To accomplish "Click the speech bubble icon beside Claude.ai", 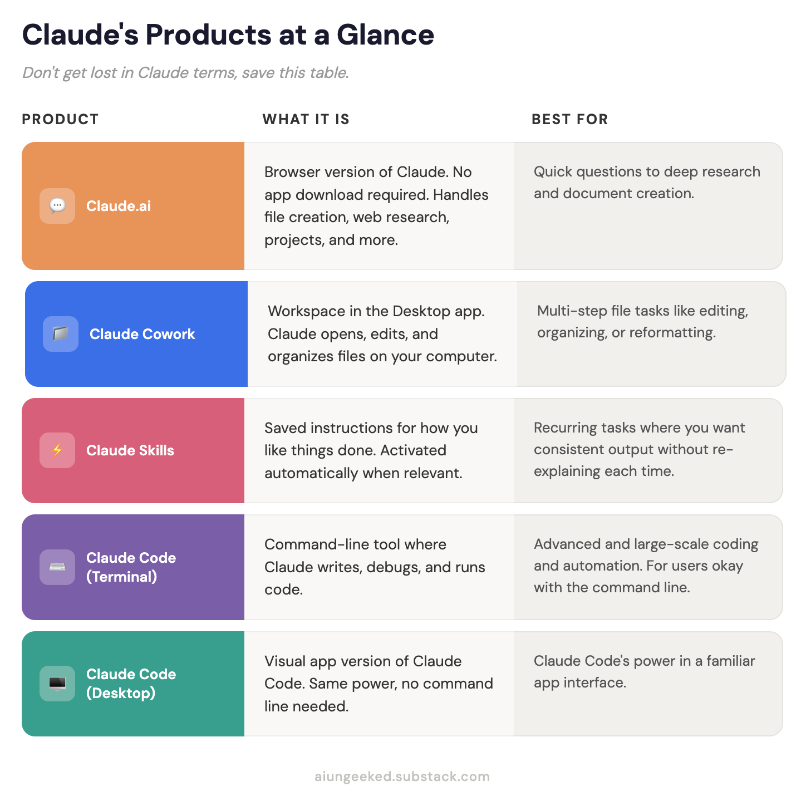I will pyautogui.click(x=57, y=206).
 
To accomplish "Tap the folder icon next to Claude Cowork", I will pyautogui.click(x=61, y=334).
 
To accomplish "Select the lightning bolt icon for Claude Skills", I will pyautogui.click(x=57, y=450).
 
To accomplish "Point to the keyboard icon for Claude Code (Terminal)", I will pyautogui.click(x=57, y=567).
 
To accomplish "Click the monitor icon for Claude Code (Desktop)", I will pyautogui.click(x=57, y=684).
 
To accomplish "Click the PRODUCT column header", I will pyautogui.click(x=60, y=119).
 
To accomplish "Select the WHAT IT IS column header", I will pyautogui.click(x=306, y=119).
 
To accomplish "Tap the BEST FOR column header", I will pyautogui.click(x=569, y=119).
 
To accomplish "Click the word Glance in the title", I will pyautogui.click(x=385, y=35).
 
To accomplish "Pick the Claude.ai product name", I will pyautogui.click(x=119, y=206).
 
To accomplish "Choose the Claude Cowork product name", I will pyautogui.click(x=142, y=334).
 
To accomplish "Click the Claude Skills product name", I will pyautogui.click(x=130, y=450).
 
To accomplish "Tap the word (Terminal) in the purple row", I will pyautogui.click(x=121, y=577).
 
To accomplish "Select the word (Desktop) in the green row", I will pyautogui.click(x=120, y=693).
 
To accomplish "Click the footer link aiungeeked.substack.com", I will pyautogui.click(x=402, y=777).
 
